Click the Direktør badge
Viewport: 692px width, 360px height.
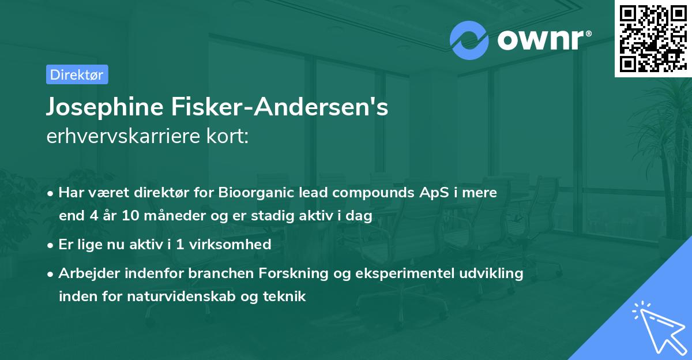77,74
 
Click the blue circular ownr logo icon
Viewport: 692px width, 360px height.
469,40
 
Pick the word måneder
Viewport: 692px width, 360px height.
171,216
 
